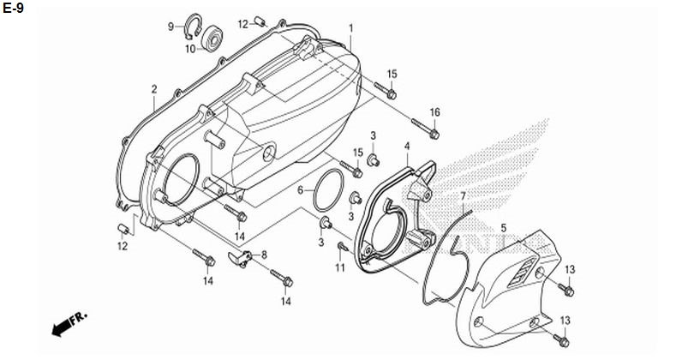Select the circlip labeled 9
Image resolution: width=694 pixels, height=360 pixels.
[194, 27]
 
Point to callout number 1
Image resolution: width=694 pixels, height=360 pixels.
[351, 28]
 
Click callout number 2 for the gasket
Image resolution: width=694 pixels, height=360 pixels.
[154, 89]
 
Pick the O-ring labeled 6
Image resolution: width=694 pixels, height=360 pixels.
[328, 190]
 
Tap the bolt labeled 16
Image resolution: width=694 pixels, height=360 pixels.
[425, 128]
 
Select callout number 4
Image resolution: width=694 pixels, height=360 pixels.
[407, 146]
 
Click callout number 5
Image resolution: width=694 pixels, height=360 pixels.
[503, 228]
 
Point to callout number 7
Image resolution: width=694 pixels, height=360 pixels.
[464, 196]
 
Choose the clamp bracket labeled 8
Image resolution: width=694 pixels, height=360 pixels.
[240, 259]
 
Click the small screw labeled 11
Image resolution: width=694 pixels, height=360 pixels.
[342, 246]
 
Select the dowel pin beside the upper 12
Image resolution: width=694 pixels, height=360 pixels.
[260, 21]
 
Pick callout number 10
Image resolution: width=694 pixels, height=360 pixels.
[190, 49]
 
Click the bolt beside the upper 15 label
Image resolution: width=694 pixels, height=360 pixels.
[385, 90]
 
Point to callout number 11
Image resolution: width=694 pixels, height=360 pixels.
[339, 267]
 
